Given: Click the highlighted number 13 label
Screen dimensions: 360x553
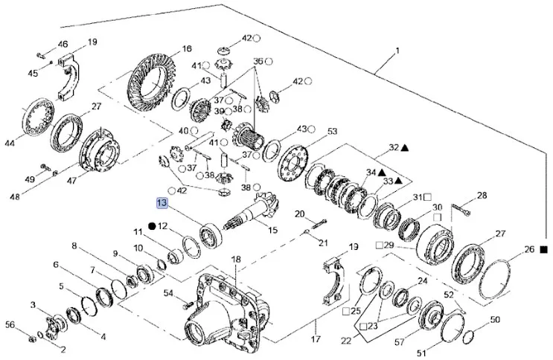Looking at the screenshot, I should click(x=162, y=202).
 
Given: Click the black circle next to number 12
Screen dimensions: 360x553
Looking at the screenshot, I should click(x=151, y=225).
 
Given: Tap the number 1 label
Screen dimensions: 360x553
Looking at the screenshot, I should click(x=398, y=51).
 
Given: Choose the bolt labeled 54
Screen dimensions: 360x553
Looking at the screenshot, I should click(x=185, y=300).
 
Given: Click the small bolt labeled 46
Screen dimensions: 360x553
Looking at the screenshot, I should click(x=41, y=54).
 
